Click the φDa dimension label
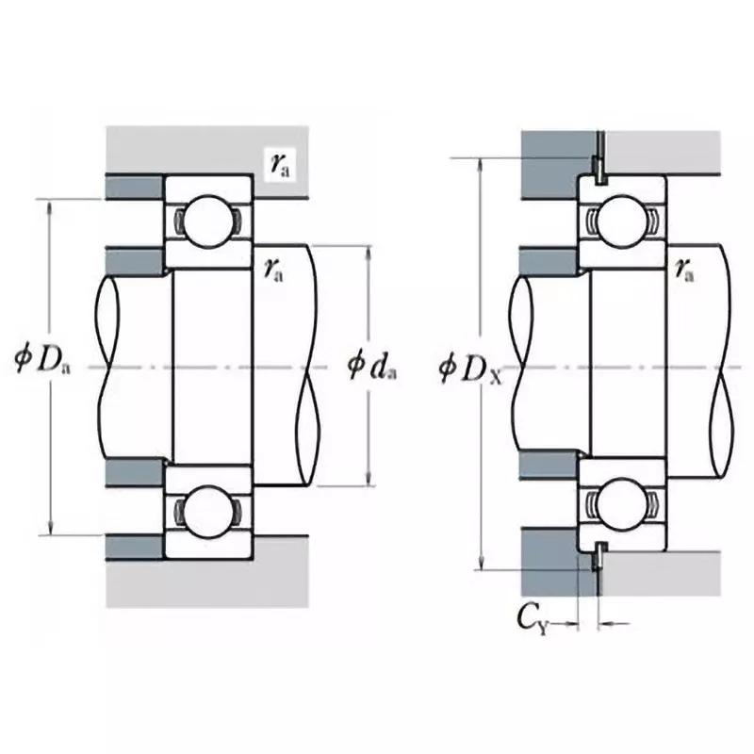click(x=43, y=360)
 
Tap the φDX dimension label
click(x=470, y=366)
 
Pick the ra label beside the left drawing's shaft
click(x=275, y=270)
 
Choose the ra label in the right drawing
click(x=684, y=270)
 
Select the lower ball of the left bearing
click(x=206, y=512)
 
